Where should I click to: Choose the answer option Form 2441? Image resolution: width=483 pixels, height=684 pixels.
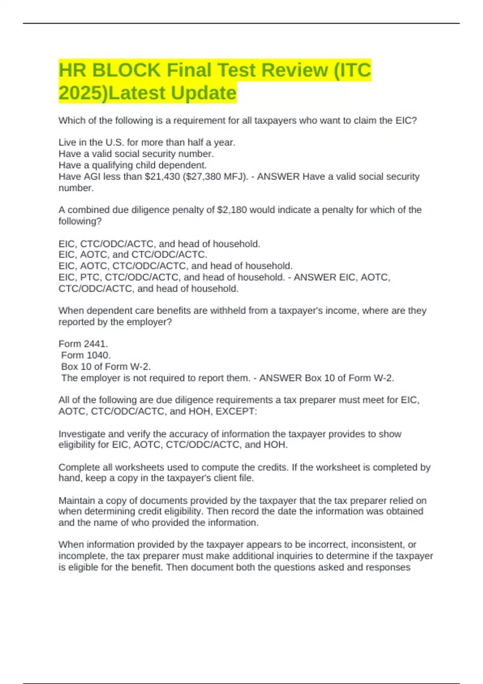pos(83,344)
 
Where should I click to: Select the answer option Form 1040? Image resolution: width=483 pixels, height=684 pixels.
pos(86,355)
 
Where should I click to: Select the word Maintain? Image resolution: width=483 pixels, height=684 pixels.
pos(77,501)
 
